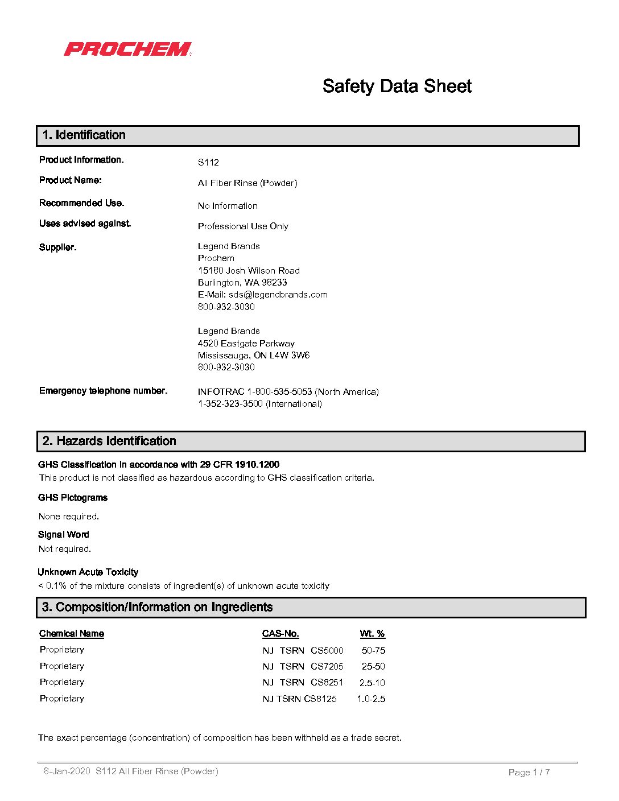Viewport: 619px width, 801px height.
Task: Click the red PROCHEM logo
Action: pos(127,49)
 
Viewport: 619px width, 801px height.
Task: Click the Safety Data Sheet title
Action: pos(397,86)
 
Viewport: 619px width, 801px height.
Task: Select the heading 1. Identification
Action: pos(84,135)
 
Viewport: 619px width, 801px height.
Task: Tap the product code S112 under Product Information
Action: pos(208,163)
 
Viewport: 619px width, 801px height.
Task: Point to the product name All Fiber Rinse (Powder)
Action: pos(247,183)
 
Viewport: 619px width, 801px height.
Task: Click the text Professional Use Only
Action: pos(243,226)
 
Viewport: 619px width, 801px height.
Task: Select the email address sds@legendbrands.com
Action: pos(278,295)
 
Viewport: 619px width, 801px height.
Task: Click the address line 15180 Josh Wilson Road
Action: pos(249,271)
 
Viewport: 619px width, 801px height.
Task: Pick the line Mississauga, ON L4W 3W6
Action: pos(254,356)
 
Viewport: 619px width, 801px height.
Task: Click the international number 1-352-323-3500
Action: pos(230,404)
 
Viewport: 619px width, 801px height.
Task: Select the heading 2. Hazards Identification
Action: pos(109,441)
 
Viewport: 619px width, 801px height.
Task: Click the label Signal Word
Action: pos(64,535)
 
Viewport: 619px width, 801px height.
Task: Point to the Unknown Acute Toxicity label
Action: pos(88,572)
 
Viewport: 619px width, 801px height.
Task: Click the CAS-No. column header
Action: pos(280,634)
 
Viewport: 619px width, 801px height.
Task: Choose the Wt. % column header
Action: pos(372,634)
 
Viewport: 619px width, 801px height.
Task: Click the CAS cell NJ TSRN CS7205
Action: pos(303,667)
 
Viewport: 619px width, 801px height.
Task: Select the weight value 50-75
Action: pos(373,651)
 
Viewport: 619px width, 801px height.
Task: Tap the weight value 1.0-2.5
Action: pos(371,699)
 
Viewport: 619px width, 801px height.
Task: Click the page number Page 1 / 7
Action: pos(529,773)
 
